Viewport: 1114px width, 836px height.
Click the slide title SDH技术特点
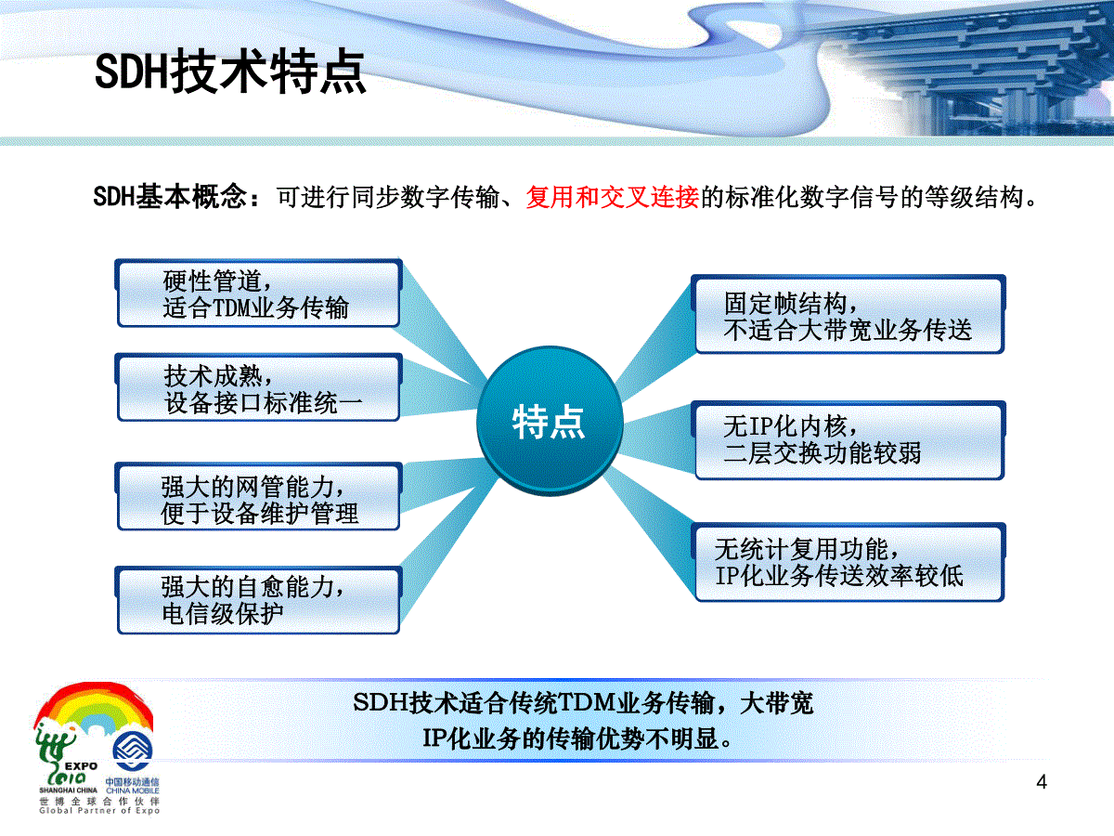click(230, 72)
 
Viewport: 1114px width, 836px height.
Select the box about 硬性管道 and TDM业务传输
click(258, 294)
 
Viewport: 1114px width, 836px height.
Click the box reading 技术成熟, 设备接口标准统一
click(258, 387)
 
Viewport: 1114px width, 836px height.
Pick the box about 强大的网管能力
click(258, 497)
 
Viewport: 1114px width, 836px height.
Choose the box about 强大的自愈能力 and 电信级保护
click(258, 600)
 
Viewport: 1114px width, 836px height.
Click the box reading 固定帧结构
click(848, 314)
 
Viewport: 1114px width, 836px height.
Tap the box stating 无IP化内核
click(848, 440)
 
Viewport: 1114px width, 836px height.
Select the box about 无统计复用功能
click(848, 562)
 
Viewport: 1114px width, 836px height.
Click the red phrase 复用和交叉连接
click(613, 198)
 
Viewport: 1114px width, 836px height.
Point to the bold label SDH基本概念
click(171, 197)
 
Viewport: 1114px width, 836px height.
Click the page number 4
click(1042, 782)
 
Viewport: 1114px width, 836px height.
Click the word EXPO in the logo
click(81, 766)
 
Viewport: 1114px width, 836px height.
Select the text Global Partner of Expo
click(99, 811)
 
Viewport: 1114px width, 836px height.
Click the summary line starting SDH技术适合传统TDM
click(583, 703)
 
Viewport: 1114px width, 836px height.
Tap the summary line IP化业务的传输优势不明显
click(577, 738)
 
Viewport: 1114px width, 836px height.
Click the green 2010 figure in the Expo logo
click(66, 777)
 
